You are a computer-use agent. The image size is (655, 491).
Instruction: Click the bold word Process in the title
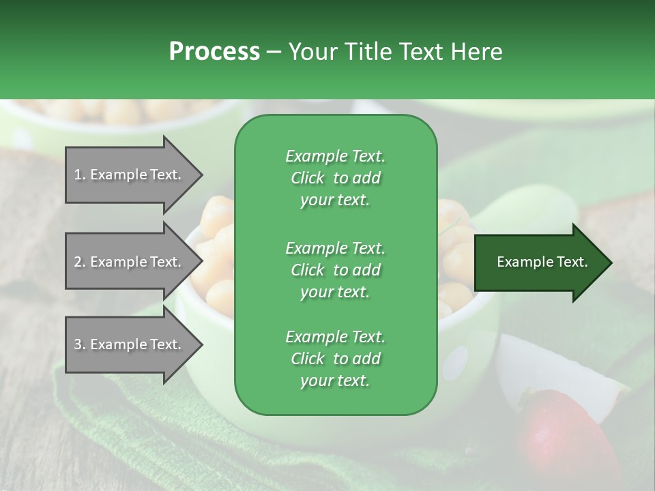click(x=214, y=52)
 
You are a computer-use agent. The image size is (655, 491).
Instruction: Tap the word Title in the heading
click(x=368, y=52)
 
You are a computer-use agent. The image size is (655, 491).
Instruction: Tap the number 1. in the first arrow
click(x=80, y=175)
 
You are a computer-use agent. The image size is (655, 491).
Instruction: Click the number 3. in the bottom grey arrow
click(x=80, y=344)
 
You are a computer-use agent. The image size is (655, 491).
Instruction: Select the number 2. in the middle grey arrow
click(x=80, y=262)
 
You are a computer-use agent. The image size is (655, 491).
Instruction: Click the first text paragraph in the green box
click(x=336, y=178)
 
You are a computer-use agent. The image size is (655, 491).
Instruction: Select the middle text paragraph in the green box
click(x=336, y=269)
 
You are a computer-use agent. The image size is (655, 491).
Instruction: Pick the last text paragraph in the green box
click(x=336, y=359)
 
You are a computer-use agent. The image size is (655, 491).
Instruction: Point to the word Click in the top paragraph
click(x=308, y=178)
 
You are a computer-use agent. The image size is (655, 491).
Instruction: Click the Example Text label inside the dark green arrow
click(x=542, y=262)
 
